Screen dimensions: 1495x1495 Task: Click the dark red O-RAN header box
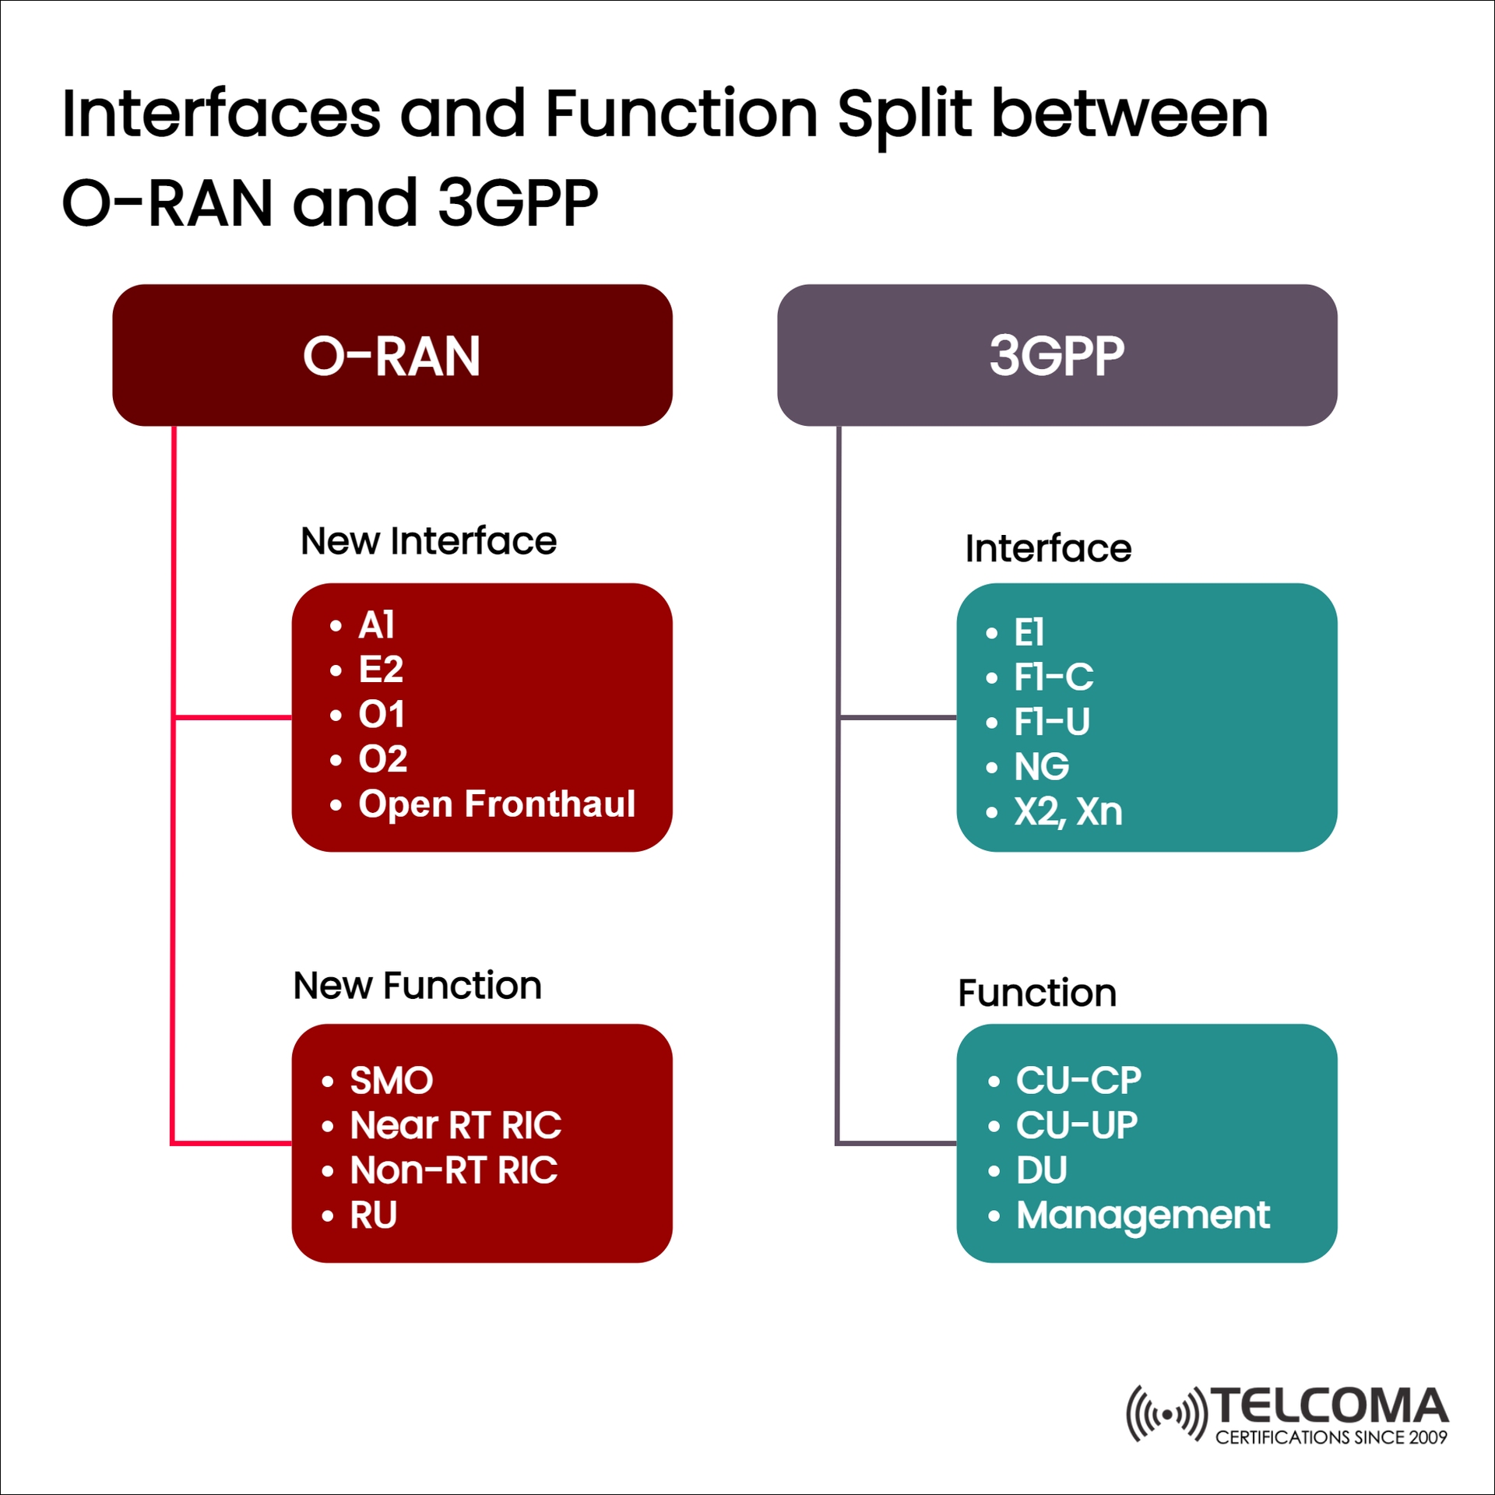coord(392,355)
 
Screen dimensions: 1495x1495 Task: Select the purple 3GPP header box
coord(1057,355)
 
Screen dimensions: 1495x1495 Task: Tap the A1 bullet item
coord(376,624)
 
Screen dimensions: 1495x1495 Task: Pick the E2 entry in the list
coord(380,669)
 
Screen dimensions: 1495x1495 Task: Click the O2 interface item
coord(382,758)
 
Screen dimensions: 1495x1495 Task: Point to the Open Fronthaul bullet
coord(496,804)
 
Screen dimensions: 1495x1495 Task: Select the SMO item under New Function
coord(391,1080)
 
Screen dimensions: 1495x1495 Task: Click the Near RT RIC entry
coord(456,1125)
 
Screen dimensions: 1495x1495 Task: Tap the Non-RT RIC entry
coord(453,1170)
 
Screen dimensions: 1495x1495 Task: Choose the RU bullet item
coord(373,1215)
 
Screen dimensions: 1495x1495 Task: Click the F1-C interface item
coord(1053,677)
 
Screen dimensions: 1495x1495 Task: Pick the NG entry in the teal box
coord(1041,766)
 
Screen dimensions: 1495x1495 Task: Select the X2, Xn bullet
coord(1068,811)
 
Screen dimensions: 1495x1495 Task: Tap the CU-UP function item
coord(1076,1125)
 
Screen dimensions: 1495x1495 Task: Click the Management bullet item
coord(1142,1215)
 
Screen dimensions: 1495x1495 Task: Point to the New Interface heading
coord(428,540)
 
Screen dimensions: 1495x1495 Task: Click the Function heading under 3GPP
coord(1036,993)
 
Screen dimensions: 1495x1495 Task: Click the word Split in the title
coord(904,114)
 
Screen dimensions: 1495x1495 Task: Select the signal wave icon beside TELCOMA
coord(1166,1413)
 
